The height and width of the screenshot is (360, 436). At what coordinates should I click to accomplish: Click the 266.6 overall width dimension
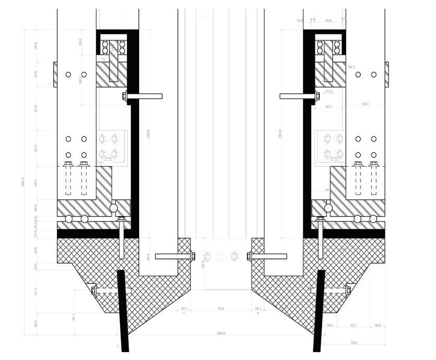(221, 333)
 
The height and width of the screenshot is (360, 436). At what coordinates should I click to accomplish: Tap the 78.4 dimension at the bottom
(221, 309)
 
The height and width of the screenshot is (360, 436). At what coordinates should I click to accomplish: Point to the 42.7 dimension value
(353, 325)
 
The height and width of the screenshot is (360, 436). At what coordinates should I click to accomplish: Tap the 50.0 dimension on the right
(365, 104)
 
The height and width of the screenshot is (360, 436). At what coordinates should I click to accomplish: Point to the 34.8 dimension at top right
(328, 21)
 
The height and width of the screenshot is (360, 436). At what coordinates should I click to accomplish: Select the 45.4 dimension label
(148, 257)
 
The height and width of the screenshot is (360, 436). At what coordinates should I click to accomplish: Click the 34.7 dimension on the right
(328, 107)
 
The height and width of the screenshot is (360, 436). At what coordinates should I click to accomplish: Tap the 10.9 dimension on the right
(328, 92)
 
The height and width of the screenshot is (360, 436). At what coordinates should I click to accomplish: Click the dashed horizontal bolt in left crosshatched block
(112, 290)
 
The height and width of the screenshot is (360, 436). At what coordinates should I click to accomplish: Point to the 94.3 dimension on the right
(352, 67)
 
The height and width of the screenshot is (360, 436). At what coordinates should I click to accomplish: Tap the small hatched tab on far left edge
(55, 75)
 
